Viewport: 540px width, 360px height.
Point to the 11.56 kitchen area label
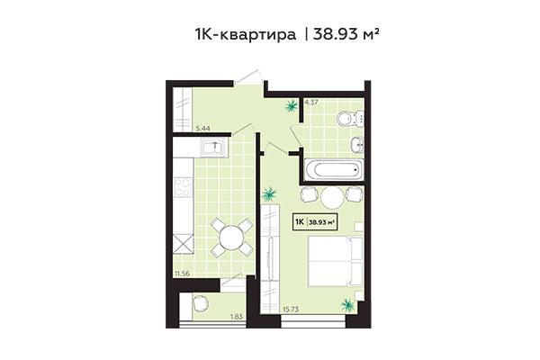(x=183, y=270)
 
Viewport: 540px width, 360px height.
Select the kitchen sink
(x=212, y=149)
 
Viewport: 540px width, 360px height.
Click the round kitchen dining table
(x=231, y=238)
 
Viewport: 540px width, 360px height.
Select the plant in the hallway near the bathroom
(x=292, y=108)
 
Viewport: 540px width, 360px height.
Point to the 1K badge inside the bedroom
(x=298, y=220)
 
